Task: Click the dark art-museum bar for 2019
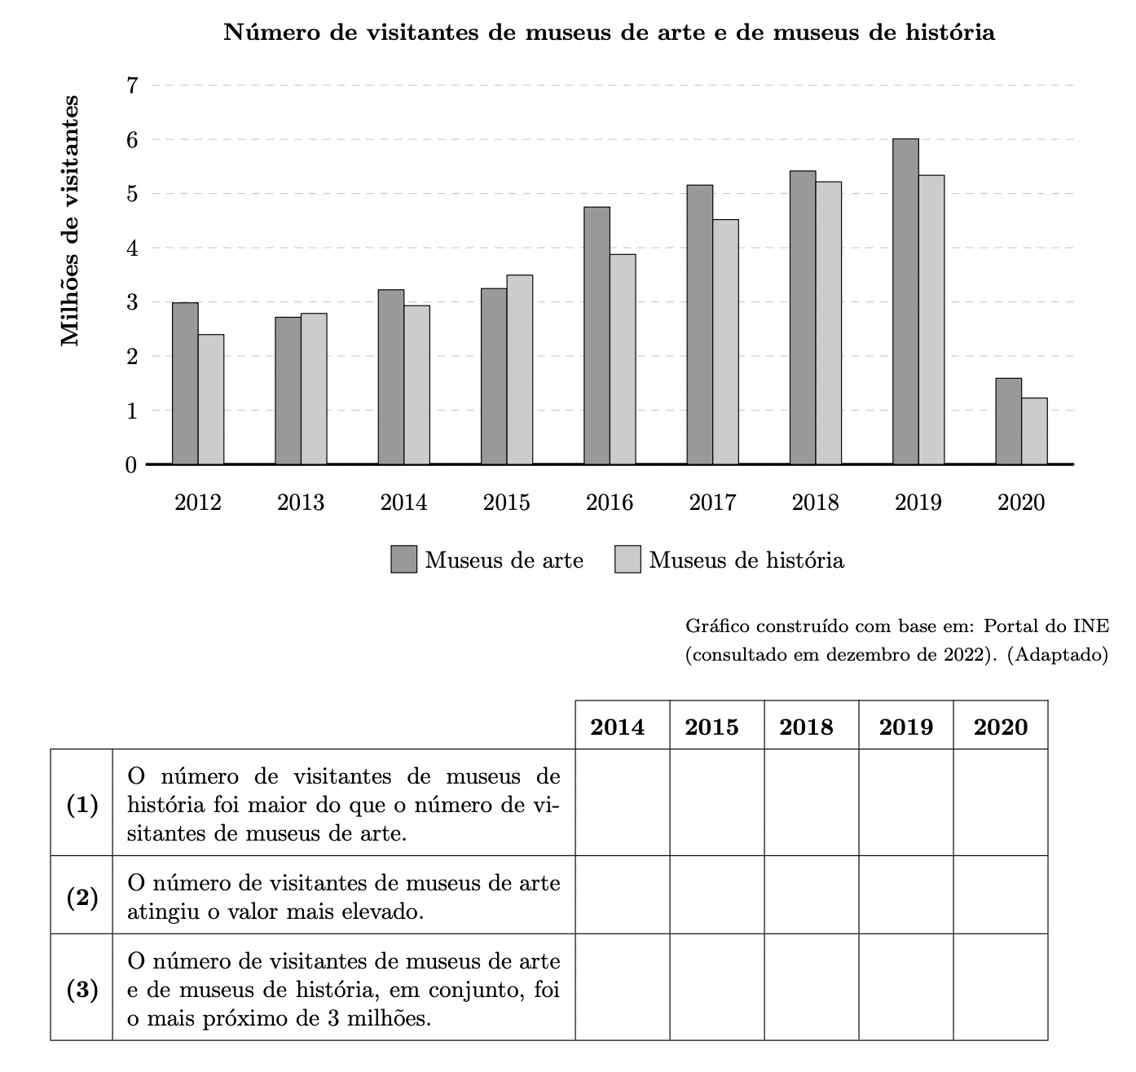click(905, 301)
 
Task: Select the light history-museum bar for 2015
click(520, 370)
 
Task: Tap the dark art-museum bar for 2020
click(1008, 421)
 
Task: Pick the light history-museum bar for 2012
click(211, 399)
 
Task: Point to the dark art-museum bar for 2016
click(597, 336)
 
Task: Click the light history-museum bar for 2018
click(829, 323)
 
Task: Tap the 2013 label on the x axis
click(301, 503)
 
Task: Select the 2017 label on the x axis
click(712, 503)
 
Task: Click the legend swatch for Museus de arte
click(404, 560)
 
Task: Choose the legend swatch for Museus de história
click(628, 560)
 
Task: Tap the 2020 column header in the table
click(1001, 727)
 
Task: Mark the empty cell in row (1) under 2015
click(717, 803)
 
